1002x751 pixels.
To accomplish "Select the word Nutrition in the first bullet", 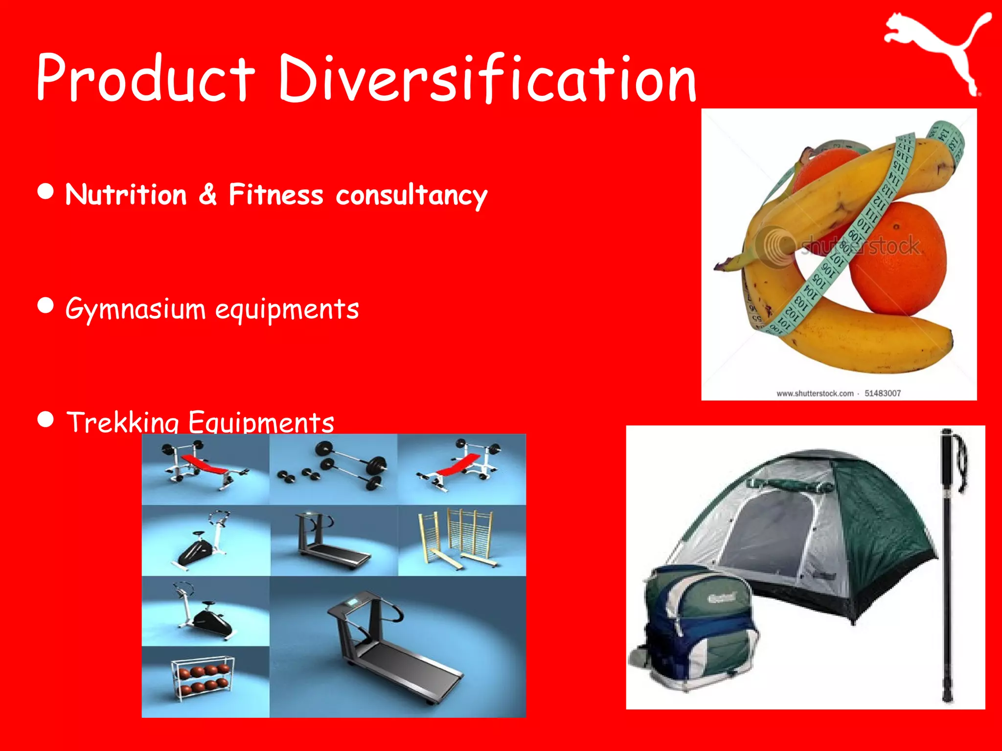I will pos(126,195).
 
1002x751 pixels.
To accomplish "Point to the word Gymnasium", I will pos(136,309).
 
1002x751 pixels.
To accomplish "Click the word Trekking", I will pos(122,422).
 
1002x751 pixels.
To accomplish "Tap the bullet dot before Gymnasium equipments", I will pos(46,306).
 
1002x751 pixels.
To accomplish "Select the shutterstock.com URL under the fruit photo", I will pos(815,394).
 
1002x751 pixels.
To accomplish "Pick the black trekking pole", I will pos(948,567).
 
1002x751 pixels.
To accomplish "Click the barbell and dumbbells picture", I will pos(333,468).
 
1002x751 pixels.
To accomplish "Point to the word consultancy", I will pos(411,196).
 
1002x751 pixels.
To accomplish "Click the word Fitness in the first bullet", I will pos(276,195).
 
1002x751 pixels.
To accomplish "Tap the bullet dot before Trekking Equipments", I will pos(46,420).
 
